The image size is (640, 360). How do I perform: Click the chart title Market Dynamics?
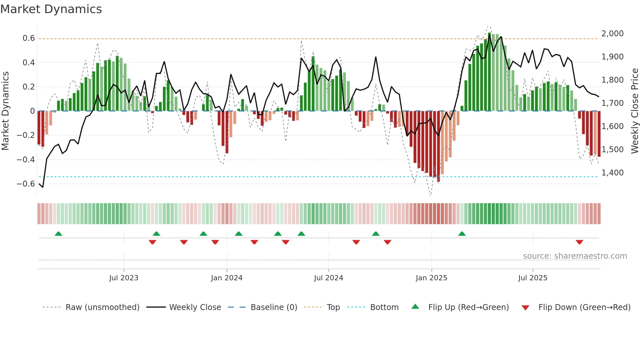(x=51, y=9)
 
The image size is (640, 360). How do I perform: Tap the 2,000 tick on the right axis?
(x=612, y=34)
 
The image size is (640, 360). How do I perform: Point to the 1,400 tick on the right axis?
(x=612, y=173)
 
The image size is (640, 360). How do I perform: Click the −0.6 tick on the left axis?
(x=26, y=184)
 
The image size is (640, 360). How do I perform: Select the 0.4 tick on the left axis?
(x=29, y=62)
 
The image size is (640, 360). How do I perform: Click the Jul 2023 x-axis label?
(x=124, y=278)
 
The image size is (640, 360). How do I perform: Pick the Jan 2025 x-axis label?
(x=431, y=278)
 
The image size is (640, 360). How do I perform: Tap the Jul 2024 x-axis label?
(x=328, y=278)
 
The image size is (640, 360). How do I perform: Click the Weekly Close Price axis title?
(x=634, y=111)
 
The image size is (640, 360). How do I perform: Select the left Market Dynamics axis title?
(x=5, y=111)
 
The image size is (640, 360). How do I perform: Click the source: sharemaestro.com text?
(x=575, y=256)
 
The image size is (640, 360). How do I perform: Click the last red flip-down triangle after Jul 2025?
(x=579, y=242)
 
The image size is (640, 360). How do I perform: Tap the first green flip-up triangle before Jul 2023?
(x=58, y=234)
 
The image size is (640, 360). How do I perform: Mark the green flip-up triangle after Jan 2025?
(x=462, y=234)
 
